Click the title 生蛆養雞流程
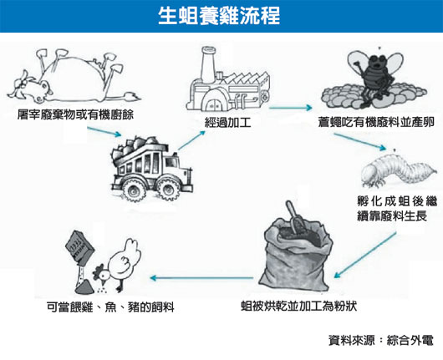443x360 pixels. click(219, 15)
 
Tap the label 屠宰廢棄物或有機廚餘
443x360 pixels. click(75, 114)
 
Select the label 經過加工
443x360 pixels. click(227, 123)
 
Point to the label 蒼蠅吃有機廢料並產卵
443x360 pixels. click(376, 122)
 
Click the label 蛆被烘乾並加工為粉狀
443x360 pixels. click(299, 306)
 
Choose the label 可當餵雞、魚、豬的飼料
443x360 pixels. click(110, 307)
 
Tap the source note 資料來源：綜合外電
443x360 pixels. click(381, 340)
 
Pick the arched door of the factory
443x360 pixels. click(214, 104)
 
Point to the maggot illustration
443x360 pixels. click(400, 170)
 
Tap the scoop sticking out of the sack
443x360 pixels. click(295, 217)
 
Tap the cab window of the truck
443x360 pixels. click(171, 162)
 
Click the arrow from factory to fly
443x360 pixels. click(291, 108)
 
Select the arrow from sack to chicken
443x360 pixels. click(201, 278)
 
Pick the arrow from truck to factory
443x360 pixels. click(192, 140)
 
